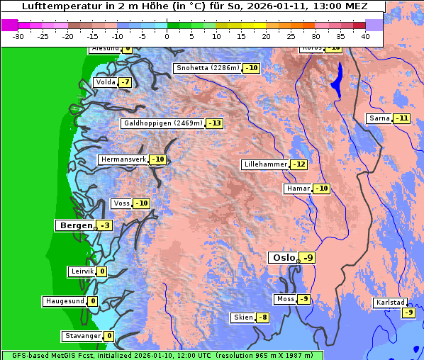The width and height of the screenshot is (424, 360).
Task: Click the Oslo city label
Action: pos(282,257)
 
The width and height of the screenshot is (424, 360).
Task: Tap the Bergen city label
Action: pos(74,225)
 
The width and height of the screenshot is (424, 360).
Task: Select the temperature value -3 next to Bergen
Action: pos(105,225)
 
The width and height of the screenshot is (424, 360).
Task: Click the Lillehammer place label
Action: pos(265,164)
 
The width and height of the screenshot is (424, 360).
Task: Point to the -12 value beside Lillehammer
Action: pos(299,164)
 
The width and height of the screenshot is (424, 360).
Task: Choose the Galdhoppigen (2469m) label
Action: pos(163,123)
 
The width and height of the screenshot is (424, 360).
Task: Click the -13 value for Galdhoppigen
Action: pos(215,123)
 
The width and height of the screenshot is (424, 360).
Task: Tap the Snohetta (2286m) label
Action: pos(208,68)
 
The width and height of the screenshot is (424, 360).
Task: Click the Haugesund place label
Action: pos(65,301)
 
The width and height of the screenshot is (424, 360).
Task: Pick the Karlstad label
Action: pos(391,303)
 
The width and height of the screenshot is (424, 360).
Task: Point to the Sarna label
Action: pos(379,118)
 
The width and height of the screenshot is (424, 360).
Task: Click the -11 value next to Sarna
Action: pos(402,118)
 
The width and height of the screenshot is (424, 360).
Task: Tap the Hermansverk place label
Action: pos(123,159)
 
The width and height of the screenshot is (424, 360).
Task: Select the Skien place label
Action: pos(242,317)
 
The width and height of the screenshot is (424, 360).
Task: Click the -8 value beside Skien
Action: pos(263,317)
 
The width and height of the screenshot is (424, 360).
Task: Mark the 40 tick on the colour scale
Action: pos(364,35)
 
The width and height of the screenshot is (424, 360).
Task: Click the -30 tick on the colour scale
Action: pos(18,35)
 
